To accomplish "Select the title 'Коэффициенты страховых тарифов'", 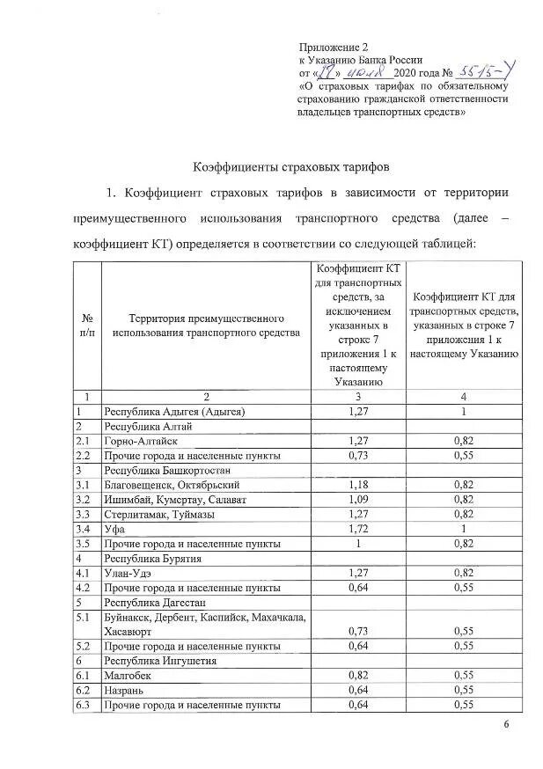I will coord(290,165).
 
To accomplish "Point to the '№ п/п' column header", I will coord(88,325).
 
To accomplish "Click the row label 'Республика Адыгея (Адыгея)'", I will coord(174,411).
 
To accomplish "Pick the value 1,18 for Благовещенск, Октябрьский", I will coord(357,485).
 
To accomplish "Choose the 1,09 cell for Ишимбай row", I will coord(357,500).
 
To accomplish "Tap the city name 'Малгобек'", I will coord(130,675).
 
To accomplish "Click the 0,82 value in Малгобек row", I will coord(357,675).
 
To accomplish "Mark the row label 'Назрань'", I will coord(127,690).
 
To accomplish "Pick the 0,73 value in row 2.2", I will coord(357,456).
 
